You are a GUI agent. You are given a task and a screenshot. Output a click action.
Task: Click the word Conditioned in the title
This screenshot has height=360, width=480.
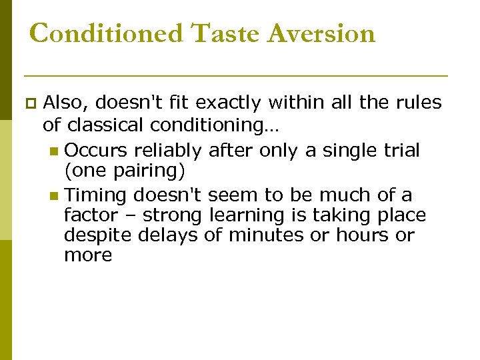tap(105, 33)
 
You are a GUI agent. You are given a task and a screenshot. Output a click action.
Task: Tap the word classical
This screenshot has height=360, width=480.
tap(105, 125)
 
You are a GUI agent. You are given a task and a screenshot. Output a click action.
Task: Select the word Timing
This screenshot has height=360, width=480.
tap(97, 196)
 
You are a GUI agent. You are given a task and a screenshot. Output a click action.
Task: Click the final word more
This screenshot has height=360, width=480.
tap(88, 256)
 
